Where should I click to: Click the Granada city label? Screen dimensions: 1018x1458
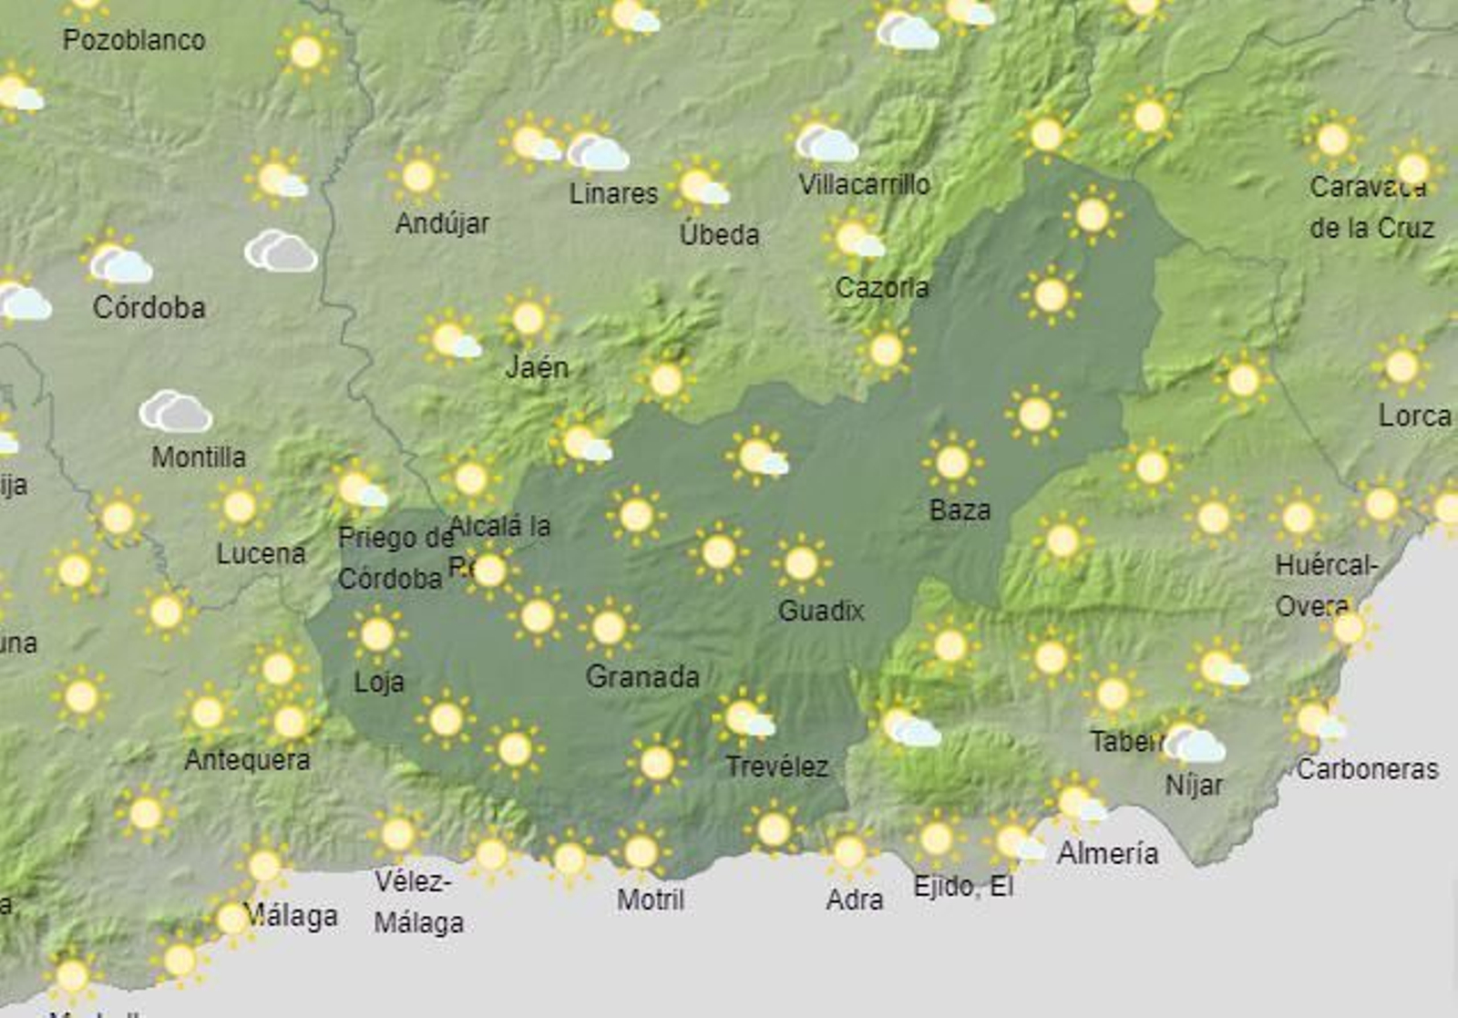tap(642, 676)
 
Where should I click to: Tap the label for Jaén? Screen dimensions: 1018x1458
tap(537, 367)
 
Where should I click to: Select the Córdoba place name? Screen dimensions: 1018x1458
tap(149, 307)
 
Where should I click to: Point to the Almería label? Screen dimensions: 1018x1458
tap(1107, 853)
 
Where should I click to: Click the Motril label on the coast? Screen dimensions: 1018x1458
tap(650, 900)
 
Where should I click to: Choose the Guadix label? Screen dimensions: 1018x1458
tap(820, 611)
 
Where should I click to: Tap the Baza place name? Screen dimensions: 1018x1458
tap(960, 509)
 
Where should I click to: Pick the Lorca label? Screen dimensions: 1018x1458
tap(1414, 416)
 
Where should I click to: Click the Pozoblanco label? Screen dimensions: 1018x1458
tap(134, 40)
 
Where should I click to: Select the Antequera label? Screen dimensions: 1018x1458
tap(247, 759)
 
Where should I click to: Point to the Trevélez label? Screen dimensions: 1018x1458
tap(776, 766)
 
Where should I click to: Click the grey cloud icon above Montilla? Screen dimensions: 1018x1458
tap(176, 412)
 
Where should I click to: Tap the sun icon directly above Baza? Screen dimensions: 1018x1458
tap(952, 462)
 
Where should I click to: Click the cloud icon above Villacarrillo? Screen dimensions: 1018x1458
tap(826, 142)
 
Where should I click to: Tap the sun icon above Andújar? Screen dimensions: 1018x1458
tap(418, 176)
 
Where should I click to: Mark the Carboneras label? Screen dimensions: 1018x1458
tap(1367, 769)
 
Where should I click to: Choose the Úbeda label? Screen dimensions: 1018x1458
tap(719, 235)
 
